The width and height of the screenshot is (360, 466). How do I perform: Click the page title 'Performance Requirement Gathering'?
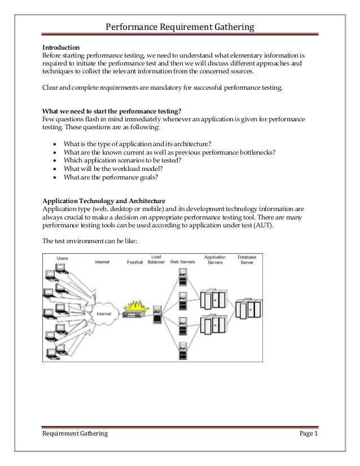180,27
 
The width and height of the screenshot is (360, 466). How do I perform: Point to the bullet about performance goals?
111,177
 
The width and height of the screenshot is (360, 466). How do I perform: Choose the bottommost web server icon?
183,345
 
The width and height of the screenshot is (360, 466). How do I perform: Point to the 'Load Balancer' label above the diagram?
156,261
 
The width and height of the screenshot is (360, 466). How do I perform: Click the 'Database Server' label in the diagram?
247,261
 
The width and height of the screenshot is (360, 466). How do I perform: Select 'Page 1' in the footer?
308,433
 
